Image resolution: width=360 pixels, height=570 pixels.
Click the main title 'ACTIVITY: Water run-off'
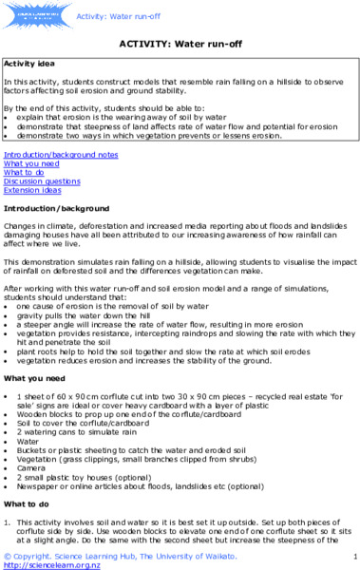tap(180, 43)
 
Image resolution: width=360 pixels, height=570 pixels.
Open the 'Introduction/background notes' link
tap(61, 153)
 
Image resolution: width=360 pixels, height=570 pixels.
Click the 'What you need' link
tap(31, 162)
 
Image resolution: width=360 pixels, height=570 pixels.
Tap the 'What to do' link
tap(27, 171)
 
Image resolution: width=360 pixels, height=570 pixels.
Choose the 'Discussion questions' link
tap(42, 180)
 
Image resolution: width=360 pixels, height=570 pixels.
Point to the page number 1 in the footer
tap(353, 554)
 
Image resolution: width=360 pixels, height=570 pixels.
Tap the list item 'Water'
tap(28, 441)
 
